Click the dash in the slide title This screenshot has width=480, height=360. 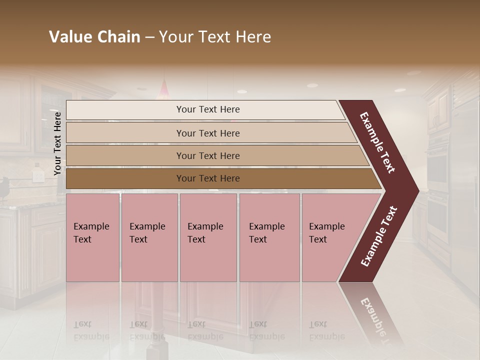pos(149,37)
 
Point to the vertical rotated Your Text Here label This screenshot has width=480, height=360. pos(57,143)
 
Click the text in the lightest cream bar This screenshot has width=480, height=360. pos(208,109)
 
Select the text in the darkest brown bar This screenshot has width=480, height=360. pos(208,178)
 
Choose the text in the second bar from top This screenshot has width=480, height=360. pos(208,133)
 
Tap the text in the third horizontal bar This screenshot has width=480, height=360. pos(208,156)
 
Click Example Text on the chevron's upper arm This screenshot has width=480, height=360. pos(377,142)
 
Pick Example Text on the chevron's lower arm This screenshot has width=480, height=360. pos(379,236)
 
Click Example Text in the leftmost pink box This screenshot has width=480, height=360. pos(91,233)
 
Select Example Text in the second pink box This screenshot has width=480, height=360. pos(147,233)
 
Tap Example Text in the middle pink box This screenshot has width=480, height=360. pos(205,233)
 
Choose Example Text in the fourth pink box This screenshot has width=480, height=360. pos(266,233)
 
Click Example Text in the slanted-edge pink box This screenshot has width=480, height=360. pos(326,233)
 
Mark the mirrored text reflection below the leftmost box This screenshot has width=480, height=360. pos(91,330)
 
